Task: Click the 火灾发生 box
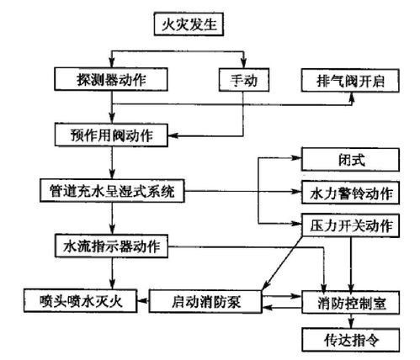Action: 189,24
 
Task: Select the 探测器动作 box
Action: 111,79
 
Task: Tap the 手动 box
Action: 244,80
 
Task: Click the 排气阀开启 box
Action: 350,81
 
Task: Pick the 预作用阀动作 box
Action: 111,135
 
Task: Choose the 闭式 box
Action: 350,160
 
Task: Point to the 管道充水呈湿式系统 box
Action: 112,191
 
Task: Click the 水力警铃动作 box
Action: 350,193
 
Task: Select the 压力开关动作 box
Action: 350,225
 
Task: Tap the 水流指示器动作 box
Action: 112,246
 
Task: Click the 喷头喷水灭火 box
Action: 81,301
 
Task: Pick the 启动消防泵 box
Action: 205,302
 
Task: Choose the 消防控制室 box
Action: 351,303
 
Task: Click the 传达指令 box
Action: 351,340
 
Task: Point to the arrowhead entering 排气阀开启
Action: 352,97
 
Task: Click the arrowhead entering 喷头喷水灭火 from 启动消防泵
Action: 142,301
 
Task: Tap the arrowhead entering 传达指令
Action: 351,324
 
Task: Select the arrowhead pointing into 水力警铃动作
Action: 296,192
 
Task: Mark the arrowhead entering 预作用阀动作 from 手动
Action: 173,136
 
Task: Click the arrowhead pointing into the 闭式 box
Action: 296,158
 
